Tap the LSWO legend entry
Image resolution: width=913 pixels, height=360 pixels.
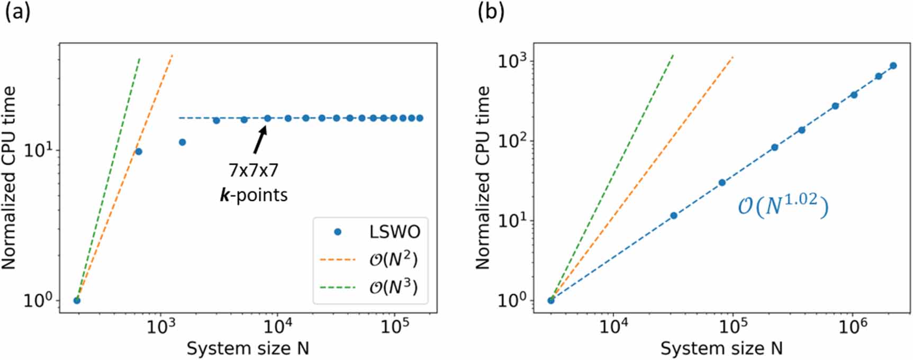pos(394,232)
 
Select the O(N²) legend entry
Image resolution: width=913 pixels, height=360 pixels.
pos(393,260)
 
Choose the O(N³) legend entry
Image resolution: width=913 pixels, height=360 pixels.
pos(393,287)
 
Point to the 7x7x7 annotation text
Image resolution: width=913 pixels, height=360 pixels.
pos(254,170)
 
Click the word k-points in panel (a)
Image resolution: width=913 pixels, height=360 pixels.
pos(254,195)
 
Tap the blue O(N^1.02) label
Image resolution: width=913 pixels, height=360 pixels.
pos(783,205)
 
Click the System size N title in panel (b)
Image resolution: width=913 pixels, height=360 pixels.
pos(721,348)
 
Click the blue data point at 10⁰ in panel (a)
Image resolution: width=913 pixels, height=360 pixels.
pos(77,301)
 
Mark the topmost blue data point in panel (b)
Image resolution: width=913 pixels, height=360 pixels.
pos(893,66)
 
